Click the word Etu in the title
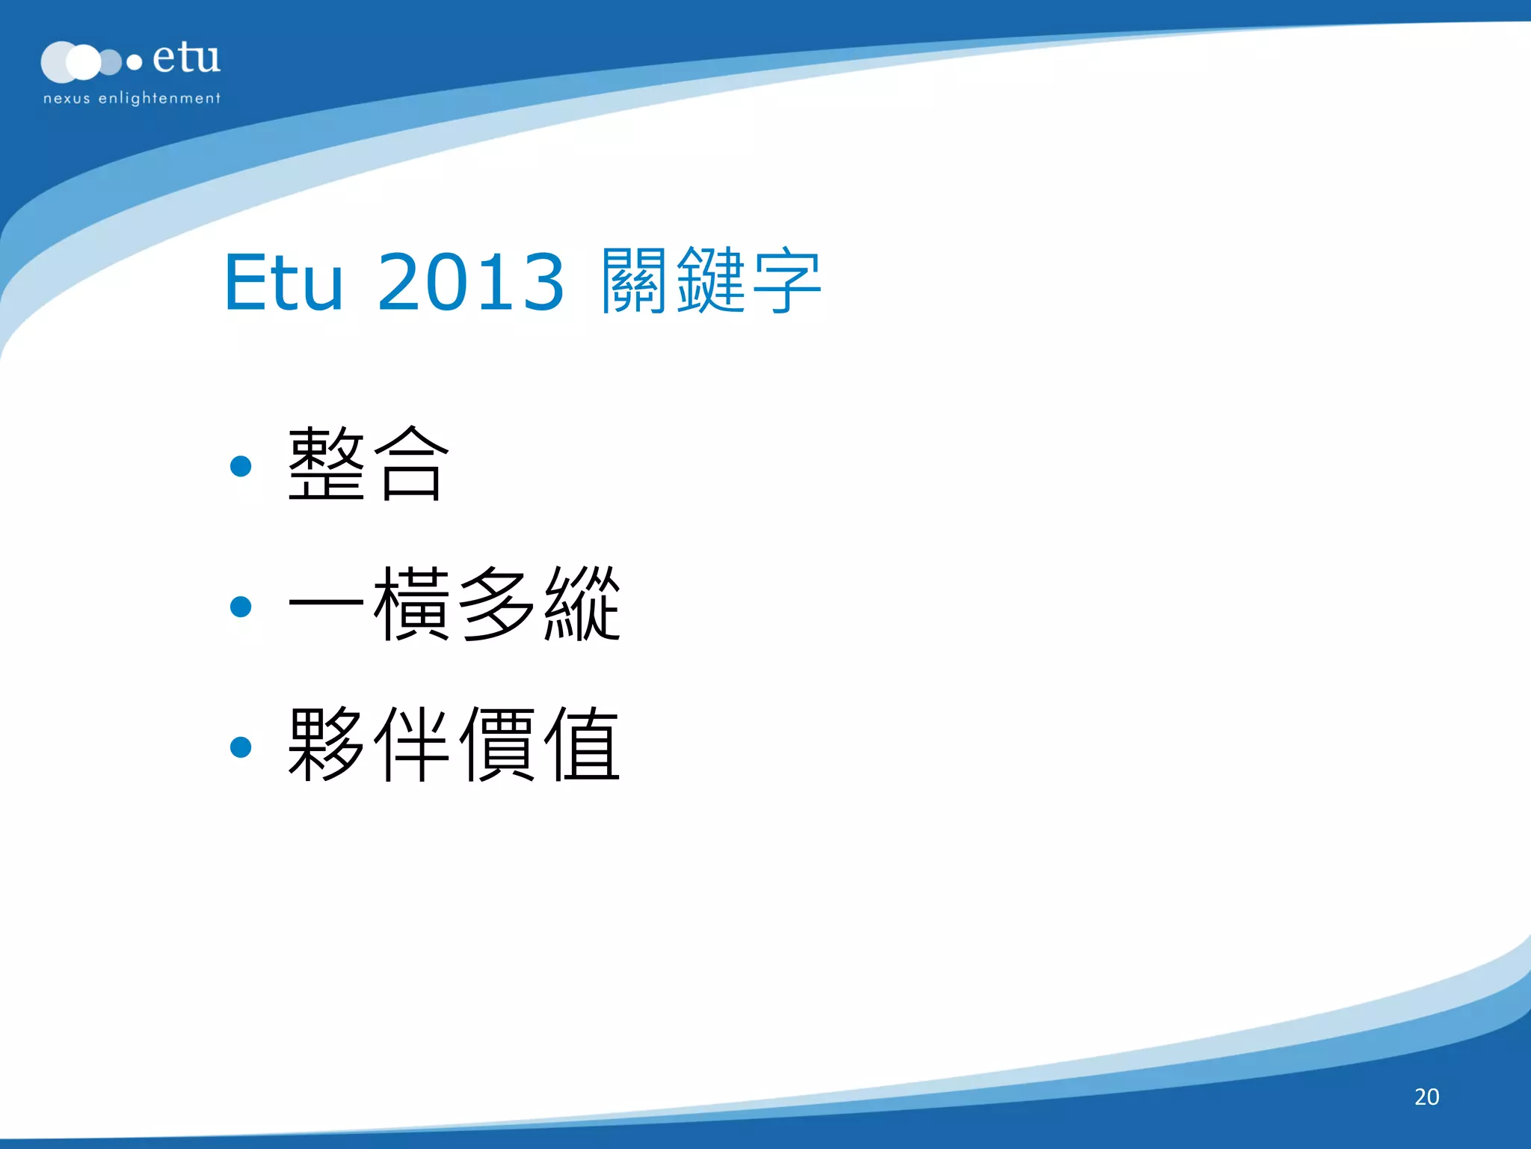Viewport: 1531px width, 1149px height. pos(284,283)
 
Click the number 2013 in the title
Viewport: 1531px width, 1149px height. pos(471,283)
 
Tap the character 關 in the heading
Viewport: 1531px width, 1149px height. pos(634,281)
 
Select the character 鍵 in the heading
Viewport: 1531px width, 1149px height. pos(710,281)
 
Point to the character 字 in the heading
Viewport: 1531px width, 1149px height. pos(786,281)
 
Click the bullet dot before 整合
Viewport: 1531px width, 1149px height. pos(241,466)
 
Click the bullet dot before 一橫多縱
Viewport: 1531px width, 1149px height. pos(241,606)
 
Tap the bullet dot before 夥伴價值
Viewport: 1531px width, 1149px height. pos(241,747)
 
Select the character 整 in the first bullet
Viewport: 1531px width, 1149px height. pos(327,464)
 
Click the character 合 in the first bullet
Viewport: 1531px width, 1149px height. pos(411,464)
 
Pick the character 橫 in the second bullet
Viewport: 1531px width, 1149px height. pos(411,604)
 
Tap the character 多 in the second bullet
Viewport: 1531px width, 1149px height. pos(496,604)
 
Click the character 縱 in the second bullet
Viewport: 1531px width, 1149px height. pos(582,604)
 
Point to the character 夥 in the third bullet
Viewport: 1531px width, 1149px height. pos(327,744)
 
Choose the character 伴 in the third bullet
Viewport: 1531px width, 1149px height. pos(411,744)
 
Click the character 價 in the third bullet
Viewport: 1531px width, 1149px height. pos(496,744)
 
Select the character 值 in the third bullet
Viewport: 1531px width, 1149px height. pos(582,744)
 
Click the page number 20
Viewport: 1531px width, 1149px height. pos(1426,1097)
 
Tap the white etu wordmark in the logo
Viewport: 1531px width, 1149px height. pos(186,58)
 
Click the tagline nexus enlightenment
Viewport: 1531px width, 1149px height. pos(132,98)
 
